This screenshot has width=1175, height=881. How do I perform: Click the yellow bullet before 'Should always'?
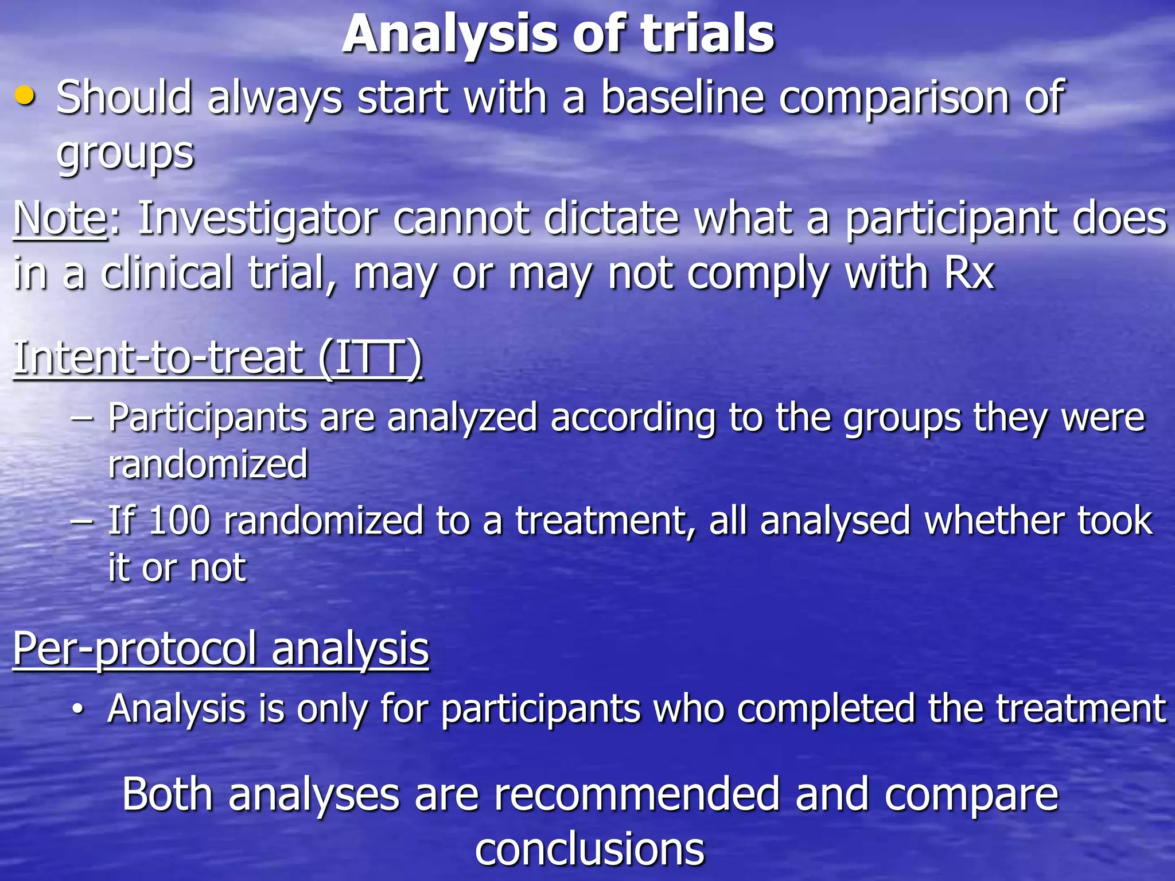point(25,96)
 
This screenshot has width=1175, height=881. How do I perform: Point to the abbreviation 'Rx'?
point(969,273)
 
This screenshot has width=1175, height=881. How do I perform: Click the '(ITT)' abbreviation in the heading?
point(371,358)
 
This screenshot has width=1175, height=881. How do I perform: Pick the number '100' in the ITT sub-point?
point(179,521)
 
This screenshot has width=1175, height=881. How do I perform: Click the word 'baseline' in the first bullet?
point(682,98)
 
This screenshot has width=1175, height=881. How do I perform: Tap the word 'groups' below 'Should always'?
point(126,154)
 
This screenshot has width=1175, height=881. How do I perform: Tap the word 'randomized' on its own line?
point(208,465)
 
